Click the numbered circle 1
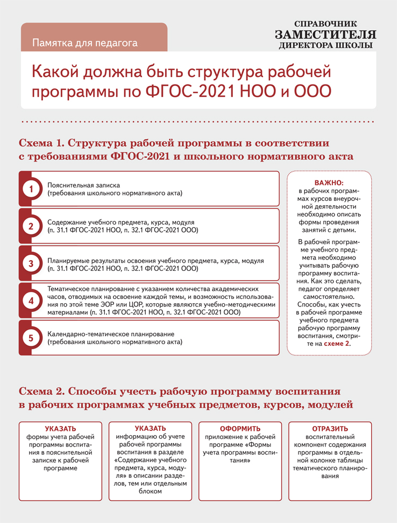click(31, 189)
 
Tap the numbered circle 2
click(31, 226)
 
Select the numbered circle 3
click(31, 263)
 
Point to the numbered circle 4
click(31, 301)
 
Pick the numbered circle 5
click(31, 338)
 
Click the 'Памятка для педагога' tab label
click(85, 42)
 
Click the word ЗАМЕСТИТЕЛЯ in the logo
click(325, 35)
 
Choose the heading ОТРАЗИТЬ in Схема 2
click(330, 429)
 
